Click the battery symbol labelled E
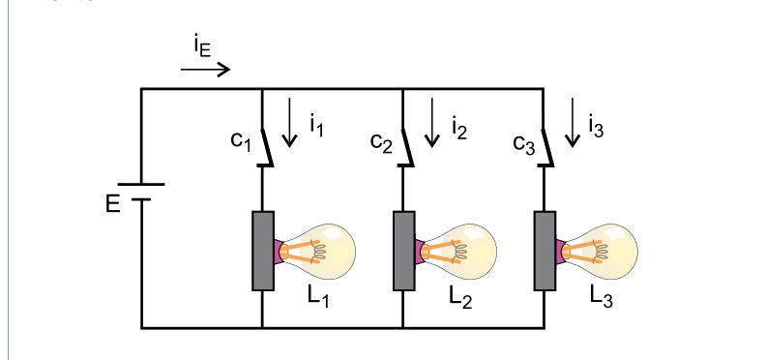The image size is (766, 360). pos(141,192)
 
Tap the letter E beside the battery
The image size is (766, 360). pos(112,204)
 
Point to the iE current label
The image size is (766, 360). pos(202,47)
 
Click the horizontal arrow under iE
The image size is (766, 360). pos(205,70)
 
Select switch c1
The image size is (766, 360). pos(265,148)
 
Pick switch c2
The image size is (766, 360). pos(406,148)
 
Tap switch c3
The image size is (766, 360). pos(546,148)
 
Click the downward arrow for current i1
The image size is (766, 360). pos(290,122)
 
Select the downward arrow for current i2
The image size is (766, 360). pos(432,122)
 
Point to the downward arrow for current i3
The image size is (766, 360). pos(573,122)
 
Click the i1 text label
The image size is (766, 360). pos(316,126)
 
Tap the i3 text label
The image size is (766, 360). pos(596,126)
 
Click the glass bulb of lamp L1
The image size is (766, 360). pos(325,252)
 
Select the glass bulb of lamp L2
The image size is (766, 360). pos(465,252)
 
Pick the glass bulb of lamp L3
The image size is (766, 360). pos(606,252)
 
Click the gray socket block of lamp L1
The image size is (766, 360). pos(263,251)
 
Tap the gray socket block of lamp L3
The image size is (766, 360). pos(545,251)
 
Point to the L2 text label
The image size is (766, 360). pos(460,296)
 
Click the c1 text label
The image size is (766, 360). pos(241,141)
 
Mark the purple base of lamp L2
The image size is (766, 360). pos(420,252)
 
